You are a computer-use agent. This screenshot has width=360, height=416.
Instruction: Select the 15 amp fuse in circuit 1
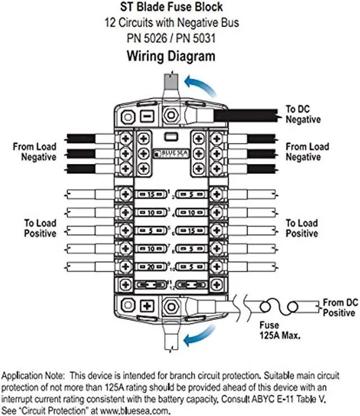150,194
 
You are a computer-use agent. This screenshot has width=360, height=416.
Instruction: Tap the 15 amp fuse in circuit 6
191,230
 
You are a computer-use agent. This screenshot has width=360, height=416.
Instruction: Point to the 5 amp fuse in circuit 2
191,194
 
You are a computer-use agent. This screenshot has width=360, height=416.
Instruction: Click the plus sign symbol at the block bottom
147,306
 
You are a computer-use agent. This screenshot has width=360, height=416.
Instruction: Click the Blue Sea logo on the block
166,151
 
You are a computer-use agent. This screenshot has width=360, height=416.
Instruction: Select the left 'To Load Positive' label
39,228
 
